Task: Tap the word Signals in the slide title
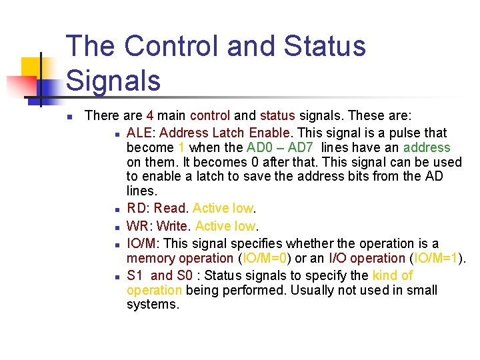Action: pyautogui.click(x=114, y=80)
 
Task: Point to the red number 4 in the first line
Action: pyautogui.click(x=150, y=115)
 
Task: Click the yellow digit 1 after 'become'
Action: pyautogui.click(x=181, y=147)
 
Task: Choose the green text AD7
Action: pyautogui.click(x=303, y=147)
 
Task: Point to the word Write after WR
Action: pyautogui.click(x=172, y=226)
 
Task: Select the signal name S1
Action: pyautogui.click(x=135, y=275)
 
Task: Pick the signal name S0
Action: pyautogui.click(x=184, y=275)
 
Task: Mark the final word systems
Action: pyautogui.click(x=153, y=305)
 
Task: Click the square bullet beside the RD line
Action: pyautogui.click(x=116, y=209)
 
